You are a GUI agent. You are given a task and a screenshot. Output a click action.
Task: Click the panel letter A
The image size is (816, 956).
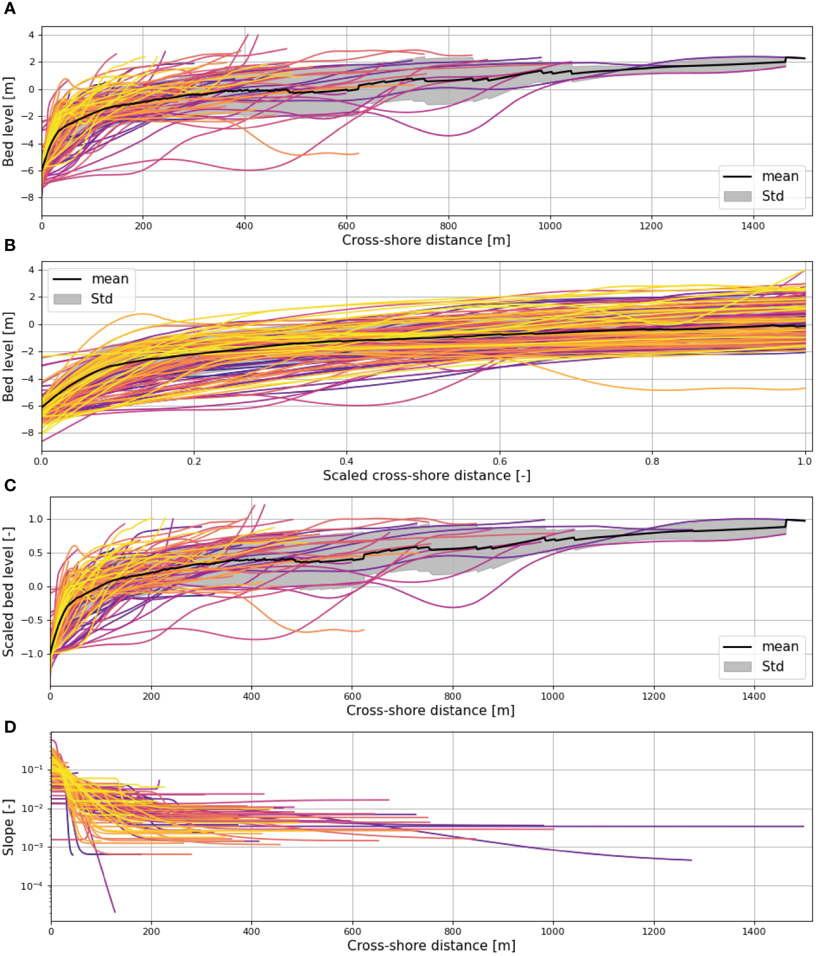(9, 9)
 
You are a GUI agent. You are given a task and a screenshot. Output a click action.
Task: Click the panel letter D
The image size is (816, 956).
(10, 727)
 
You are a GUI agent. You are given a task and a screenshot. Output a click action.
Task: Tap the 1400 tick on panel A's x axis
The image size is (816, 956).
(753, 226)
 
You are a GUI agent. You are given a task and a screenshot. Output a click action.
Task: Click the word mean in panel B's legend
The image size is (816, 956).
(110, 279)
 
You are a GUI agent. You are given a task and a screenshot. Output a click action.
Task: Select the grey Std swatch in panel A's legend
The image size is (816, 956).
(737, 196)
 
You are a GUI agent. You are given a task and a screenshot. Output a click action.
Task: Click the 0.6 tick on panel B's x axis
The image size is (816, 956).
(499, 461)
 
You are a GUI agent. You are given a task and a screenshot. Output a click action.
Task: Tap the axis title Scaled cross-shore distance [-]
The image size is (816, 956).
(426, 476)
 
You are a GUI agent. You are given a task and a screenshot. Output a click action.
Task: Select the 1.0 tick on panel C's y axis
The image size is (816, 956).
(36, 519)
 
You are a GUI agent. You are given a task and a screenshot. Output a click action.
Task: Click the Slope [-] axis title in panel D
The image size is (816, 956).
(8, 827)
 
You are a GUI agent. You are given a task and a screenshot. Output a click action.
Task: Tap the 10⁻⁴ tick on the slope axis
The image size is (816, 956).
(32, 886)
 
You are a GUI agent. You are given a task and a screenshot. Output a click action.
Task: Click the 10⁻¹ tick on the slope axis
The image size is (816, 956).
(32, 769)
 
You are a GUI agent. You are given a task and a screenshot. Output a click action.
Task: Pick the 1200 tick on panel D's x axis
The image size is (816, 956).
(653, 931)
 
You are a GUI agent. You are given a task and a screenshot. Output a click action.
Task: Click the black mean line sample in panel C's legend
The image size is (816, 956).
(737, 647)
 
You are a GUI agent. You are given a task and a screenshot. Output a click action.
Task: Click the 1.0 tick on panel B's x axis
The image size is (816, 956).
(804, 461)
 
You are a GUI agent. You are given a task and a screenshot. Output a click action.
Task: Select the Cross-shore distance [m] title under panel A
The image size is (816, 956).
(426, 240)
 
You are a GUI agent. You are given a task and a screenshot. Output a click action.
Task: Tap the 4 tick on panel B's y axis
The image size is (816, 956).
(32, 270)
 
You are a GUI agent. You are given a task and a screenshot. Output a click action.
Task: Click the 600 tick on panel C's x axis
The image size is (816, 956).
(352, 696)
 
